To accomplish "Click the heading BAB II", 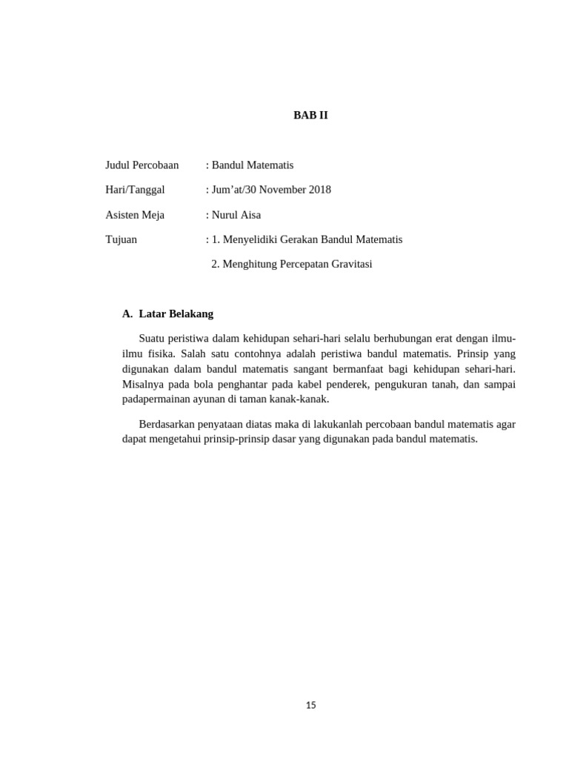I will pos(310,116).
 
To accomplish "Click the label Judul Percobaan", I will pos(142,165).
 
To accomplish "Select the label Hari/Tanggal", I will pos(135,190).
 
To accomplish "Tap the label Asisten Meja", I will pos(135,215).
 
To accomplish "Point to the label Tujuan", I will pos(121,239).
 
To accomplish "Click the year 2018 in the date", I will pos(319,190).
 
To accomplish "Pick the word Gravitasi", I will pos(350,264).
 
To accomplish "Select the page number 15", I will pos(310,705).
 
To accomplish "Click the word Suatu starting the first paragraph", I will pos(153,339).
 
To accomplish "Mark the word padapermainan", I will pos(155,399).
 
